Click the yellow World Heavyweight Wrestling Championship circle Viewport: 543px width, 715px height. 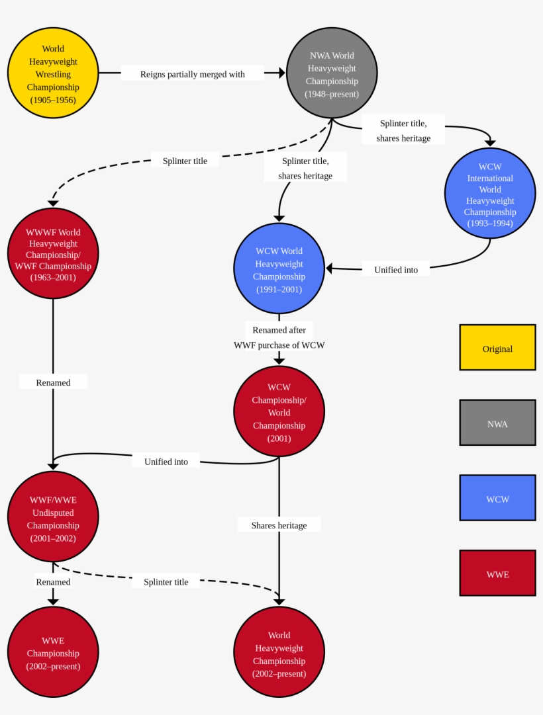tap(53, 73)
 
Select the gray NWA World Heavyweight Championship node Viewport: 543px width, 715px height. tap(332, 73)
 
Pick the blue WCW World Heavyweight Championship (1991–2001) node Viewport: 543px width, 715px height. tap(279, 269)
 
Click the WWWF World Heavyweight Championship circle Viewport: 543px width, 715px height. tap(53, 253)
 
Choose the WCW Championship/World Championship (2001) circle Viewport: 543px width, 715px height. tap(279, 411)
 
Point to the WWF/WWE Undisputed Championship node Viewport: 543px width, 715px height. tap(53, 517)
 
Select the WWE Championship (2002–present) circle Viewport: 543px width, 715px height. tap(53, 652)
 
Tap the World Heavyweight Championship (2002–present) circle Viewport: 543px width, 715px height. tap(279, 652)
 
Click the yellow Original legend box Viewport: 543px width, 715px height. tap(497, 347)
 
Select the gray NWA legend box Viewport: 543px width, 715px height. tap(497, 423)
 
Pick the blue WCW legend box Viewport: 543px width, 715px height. tap(497, 498)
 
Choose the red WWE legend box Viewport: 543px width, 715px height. tap(497, 573)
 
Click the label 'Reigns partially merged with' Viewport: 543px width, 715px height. tap(192, 74)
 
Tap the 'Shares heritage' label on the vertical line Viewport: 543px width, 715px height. tap(279, 525)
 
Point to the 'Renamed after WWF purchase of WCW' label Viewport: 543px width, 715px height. tap(279, 337)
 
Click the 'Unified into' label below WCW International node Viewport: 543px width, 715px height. tap(396, 269)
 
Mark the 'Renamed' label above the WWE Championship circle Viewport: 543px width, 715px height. tap(53, 581)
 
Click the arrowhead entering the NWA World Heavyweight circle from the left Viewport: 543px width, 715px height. tap(281, 73)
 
